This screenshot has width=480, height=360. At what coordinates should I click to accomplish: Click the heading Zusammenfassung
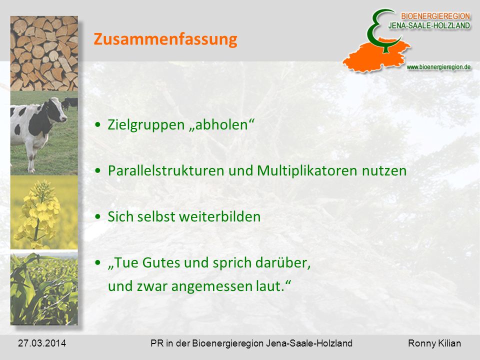coord(165,39)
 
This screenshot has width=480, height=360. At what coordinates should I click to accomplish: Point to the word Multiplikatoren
coord(307,170)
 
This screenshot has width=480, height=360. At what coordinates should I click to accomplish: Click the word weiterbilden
coord(219,216)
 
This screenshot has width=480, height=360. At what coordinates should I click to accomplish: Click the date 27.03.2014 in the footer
coord(42,343)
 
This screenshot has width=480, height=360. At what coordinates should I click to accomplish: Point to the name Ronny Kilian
coord(434,343)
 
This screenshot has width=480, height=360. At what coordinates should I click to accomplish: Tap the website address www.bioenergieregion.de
coord(438,67)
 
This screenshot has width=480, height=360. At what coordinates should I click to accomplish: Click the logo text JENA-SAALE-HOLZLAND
coord(429,25)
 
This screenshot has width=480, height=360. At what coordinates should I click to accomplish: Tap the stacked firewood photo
coord(44,53)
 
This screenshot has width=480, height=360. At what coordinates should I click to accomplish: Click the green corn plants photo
coord(44,288)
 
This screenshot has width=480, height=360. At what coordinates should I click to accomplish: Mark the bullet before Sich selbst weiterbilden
coord(97,216)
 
